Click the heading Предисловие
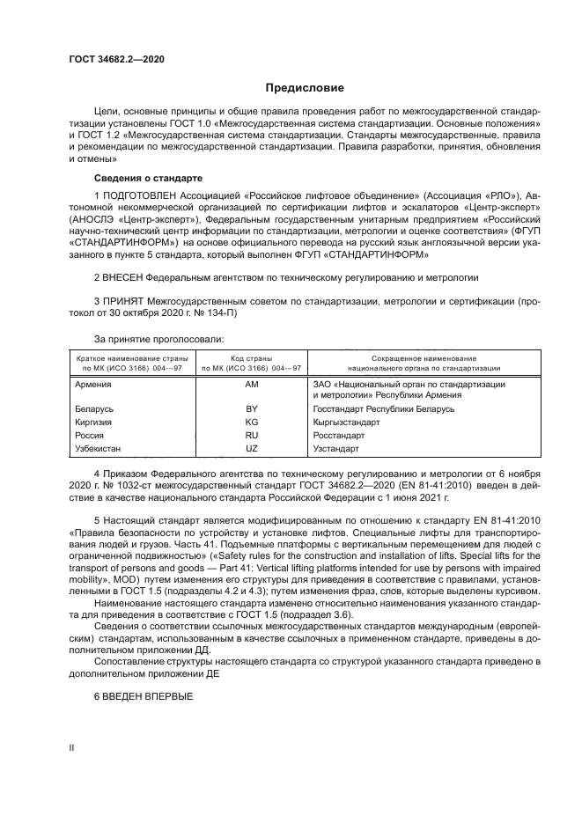click(305, 88)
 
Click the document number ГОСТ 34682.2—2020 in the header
click(116, 59)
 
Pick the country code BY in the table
click(251, 409)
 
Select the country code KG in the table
click(251, 422)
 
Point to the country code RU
click(251, 435)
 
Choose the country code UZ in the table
click(251, 448)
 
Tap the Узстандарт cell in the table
click(335, 448)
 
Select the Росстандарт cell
click(338, 435)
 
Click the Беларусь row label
click(95, 409)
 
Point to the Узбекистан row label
click(99, 448)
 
